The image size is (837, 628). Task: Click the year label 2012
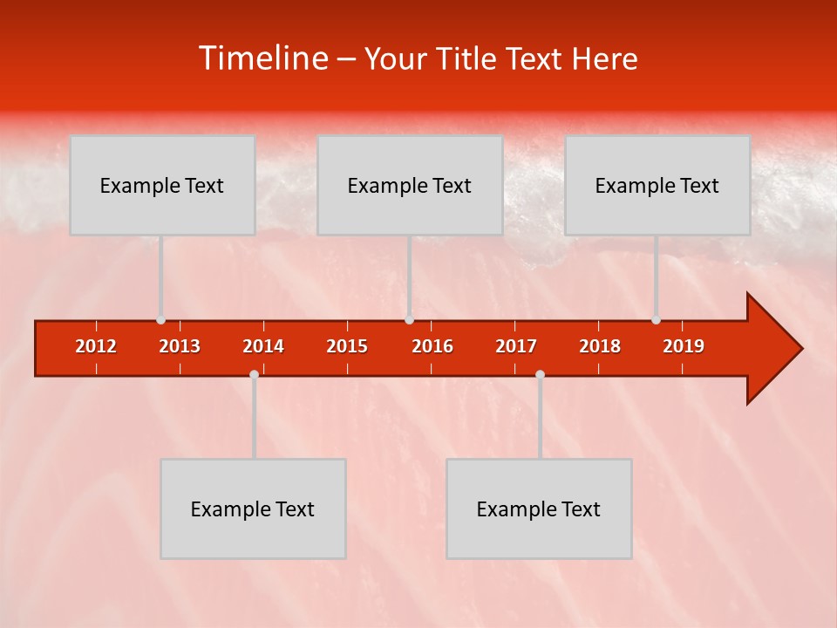pos(96,346)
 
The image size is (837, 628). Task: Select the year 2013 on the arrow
pos(180,346)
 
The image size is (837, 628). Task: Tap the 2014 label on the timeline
pos(263,346)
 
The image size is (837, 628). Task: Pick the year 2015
pos(347,346)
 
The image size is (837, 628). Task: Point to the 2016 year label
pos(432,346)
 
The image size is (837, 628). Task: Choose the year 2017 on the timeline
pos(516,346)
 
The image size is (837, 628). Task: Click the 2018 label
pos(600,346)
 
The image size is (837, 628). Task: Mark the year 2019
pos(684,346)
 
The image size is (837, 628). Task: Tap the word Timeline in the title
pos(262,58)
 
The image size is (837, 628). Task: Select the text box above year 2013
pos(162,185)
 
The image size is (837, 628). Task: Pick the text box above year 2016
pos(410,185)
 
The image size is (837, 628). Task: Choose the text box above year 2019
pos(657,185)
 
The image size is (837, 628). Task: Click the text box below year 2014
pos(253,509)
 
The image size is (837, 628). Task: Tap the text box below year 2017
pos(539,509)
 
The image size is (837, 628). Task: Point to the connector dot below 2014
pos(254,374)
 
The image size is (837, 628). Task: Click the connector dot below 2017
pos(540,374)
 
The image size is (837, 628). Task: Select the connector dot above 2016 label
pos(409,319)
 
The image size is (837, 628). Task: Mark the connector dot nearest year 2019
pos(656,319)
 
